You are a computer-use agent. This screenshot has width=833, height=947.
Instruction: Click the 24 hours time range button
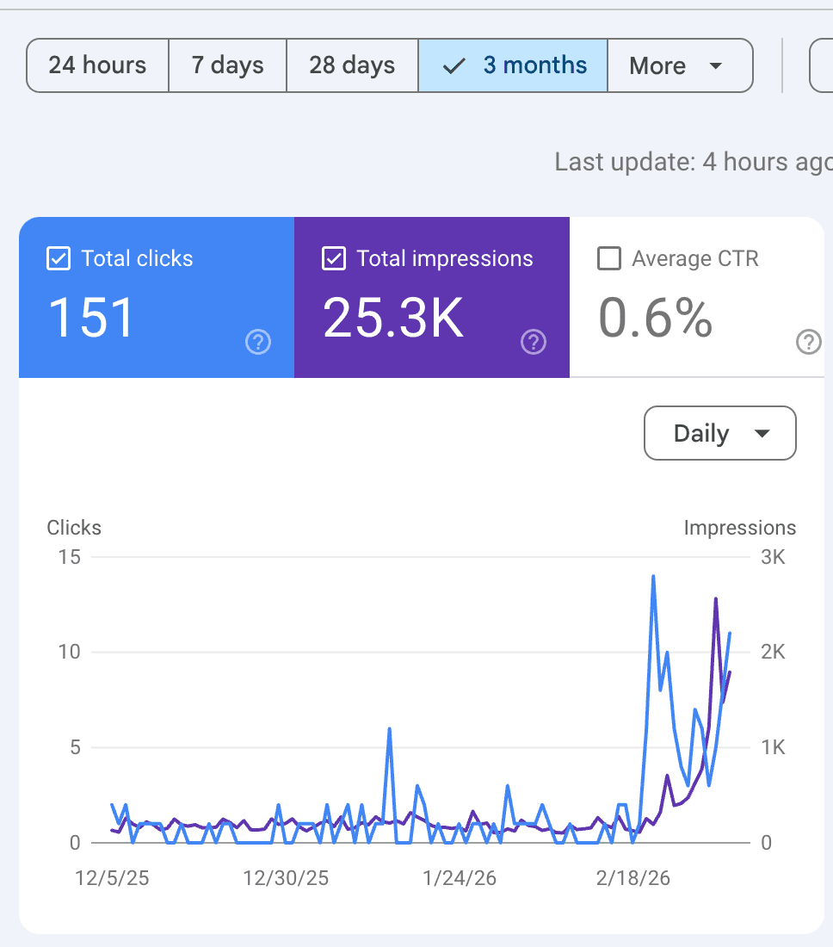pyautogui.click(x=97, y=65)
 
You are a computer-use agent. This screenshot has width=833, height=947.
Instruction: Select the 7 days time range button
pyautogui.click(x=227, y=65)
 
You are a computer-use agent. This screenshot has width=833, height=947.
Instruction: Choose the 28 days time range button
pyautogui.click(x=352, y=65)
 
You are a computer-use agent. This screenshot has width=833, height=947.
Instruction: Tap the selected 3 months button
pyautogui.click(x=513, y=65)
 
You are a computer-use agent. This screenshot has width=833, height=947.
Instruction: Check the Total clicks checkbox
pyautogui.click(x=58, y=259)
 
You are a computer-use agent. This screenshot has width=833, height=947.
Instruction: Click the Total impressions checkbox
pyautogui.click(x=333, y=259)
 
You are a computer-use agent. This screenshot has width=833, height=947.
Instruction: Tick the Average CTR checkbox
pyautogui.click(x=609, y=259)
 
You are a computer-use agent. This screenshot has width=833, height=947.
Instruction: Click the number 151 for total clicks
pyautogui.click(x=91, y=317)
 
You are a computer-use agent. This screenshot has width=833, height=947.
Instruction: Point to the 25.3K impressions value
pyautogui.click(x=393, y=317)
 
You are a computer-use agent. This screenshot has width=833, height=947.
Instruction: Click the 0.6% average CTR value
pyautogui.click(x=656, y=317)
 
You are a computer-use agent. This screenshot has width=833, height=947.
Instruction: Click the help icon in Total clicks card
pyautogui.click(x=258, y=343)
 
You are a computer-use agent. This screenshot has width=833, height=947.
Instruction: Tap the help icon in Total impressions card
pyautogui.click(x=534, y=343)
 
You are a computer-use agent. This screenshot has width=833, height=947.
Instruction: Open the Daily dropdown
pyautogui.click(x=719, y=433)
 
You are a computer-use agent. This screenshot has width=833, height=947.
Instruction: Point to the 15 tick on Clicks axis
pyautogui.click(x=70, y=557)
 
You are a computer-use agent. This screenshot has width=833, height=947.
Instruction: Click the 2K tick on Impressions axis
pyautogui.click(x=774, y=652)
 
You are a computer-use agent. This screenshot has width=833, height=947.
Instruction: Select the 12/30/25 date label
pyautogui.click(x=286, y=879)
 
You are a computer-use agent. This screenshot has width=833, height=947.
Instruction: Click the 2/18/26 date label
pyautogui.click(x=633, y=879)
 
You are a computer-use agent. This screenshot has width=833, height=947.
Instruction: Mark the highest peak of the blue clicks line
pyautogui.click(x=654, y=576)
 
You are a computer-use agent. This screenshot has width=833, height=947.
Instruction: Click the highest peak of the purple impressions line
pyautogui.click(x=716, y=598)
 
